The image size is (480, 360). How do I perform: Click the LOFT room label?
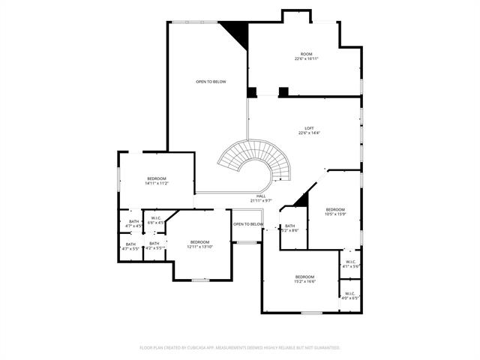point(309,130)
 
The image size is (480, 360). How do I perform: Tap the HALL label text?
point(261,198)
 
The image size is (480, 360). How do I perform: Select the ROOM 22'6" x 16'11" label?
point(306,57)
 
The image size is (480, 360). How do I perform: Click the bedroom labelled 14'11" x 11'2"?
point(157,180)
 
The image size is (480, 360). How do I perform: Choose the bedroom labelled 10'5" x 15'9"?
point(335,211)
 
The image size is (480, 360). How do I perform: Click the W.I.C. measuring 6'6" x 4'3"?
point(156,220)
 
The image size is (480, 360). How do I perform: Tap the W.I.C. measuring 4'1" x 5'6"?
point(350,264)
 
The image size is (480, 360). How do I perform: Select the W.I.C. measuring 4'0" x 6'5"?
point(350,295)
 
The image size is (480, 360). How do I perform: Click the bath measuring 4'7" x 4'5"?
point(133,223)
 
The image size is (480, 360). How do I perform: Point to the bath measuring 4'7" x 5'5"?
point(130,246)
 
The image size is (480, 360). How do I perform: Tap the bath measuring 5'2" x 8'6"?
point(289,228)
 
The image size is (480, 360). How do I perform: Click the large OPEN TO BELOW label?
point(211,82)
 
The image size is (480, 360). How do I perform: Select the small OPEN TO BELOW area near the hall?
point(247,224)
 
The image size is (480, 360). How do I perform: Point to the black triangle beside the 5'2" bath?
point(302,199)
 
